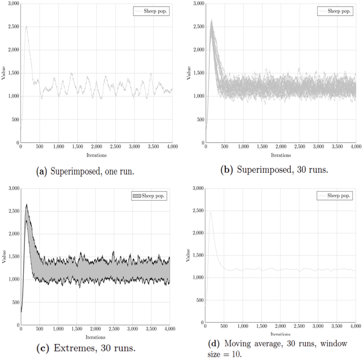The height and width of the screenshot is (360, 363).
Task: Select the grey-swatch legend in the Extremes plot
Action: [151, 196]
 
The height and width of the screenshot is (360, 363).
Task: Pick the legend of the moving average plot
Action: [336, 196]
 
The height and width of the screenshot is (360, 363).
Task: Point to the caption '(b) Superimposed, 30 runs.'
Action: [274, 170]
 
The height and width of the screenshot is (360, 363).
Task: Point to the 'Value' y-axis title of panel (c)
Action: [5, 257]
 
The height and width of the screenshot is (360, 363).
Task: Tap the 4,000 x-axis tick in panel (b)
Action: [354, 146]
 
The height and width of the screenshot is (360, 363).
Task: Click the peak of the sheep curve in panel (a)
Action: [26, 26]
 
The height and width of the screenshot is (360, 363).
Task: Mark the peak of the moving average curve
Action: [211, 213]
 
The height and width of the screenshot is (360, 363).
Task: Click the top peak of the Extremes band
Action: [26, 205]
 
